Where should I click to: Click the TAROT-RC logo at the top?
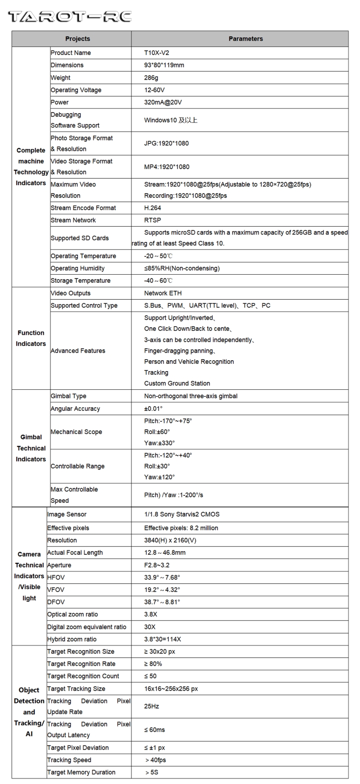click(x=69, y=17)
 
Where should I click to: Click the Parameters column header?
click(x=245, y=39)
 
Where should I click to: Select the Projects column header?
click(x=77, y=39)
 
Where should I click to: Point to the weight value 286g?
click(x=152, y=78)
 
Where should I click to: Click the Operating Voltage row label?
click(x=76, y=90)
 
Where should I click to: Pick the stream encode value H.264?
click(x=152, y=208)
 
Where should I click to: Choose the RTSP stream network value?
click(x=152, y=220)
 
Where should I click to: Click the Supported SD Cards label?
click(x=79, y=238)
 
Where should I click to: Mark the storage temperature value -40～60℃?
click(x=158, y=281)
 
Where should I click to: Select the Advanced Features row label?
click(x=78, y=351)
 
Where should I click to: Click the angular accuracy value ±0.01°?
click(x=153, y=409)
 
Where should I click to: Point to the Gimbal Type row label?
click(x=68, y=396)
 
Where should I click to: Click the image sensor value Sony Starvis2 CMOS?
click(x=182, y=514)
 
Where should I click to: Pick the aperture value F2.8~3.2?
click(x=157, y=565)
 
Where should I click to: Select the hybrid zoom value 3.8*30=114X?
click(x=162, y=639)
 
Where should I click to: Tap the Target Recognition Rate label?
click(x=81, y=664)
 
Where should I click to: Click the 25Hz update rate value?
click(x=152, y=706)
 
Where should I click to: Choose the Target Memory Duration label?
click(x=81, y=772)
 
